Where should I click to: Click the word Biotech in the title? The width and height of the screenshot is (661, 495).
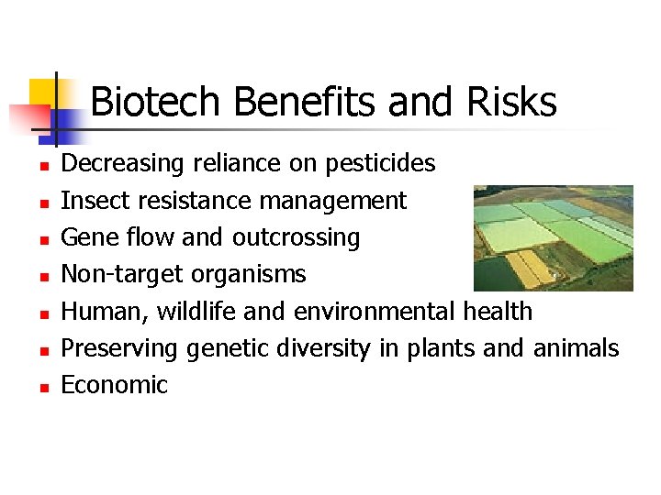pos(157,102)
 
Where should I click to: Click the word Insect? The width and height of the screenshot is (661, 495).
pos(88,201)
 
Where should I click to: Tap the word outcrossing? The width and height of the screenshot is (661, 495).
pos(296,237)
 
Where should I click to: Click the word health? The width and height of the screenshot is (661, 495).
pos(497,312)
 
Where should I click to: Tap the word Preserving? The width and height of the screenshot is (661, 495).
pos(119,348)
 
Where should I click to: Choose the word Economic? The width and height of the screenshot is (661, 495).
pos(114,385)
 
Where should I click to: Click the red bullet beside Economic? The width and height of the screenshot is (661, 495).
pos(42,388)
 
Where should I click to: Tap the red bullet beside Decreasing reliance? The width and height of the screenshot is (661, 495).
pos(42,167)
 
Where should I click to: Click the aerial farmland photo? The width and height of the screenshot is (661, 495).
pos(553,237)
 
